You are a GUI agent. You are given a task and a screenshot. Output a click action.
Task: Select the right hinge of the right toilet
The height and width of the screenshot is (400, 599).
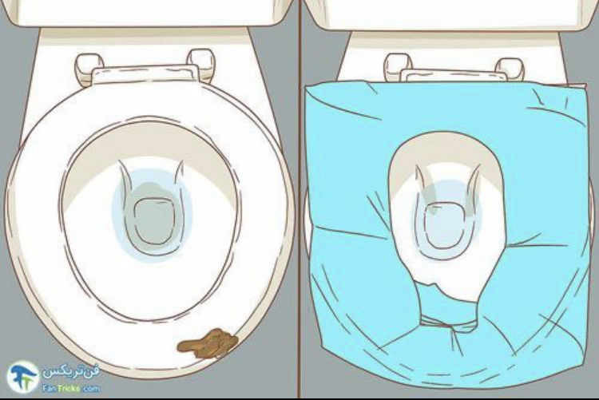pos(510,69)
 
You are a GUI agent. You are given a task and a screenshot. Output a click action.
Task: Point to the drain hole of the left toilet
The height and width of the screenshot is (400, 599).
pos(154,221)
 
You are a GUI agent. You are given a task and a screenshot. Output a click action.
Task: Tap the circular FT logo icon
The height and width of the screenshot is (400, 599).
pos(23,377)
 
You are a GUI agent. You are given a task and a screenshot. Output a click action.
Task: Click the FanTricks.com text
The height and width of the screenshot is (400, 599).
pos(71,389)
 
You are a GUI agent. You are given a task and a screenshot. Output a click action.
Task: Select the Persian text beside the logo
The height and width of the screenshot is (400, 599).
pos(70,372)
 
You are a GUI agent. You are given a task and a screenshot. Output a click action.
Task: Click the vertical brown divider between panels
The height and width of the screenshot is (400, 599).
pos(299,200)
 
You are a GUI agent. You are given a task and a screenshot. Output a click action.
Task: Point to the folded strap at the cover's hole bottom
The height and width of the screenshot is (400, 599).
pos(449,323)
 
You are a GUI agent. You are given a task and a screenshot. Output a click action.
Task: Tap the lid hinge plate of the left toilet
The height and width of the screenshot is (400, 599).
pos(145,74)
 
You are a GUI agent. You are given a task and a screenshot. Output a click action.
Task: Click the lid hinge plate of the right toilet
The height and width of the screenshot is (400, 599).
pos(454,75)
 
